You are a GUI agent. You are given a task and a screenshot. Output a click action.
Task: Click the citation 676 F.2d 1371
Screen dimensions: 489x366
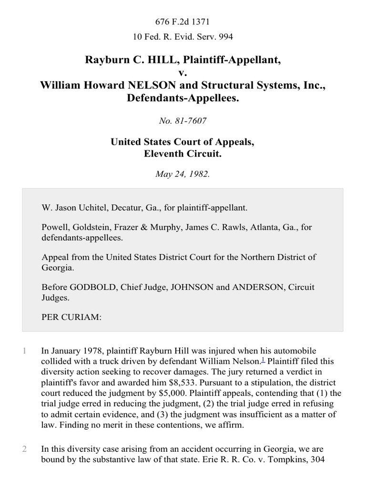point(183,21)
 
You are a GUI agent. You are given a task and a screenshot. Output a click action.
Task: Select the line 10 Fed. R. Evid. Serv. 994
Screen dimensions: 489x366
point(183,36)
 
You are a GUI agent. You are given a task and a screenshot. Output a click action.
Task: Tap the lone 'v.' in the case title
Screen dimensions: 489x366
point(183,72)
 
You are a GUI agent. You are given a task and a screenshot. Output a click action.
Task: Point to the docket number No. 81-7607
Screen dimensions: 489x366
point(183,121)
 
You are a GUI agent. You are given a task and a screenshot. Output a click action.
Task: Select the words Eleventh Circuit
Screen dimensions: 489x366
point(183,154)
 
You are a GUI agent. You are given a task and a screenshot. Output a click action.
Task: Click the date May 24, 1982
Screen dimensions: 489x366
point(183,174)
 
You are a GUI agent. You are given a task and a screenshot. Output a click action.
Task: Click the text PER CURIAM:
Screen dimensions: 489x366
point(71,317)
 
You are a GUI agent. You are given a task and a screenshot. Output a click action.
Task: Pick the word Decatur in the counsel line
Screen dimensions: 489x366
point(120,208)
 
